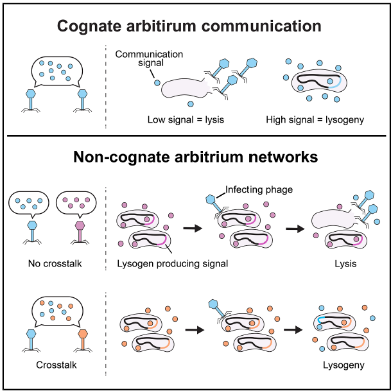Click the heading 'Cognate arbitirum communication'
[189, 26]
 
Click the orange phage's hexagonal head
[82, 335]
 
